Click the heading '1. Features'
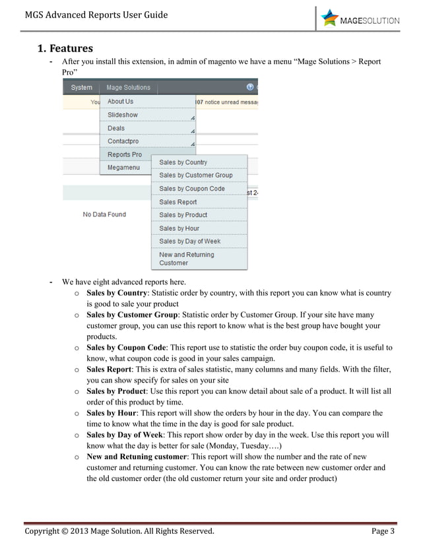65,48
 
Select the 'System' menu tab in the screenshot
81,87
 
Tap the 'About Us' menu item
121,102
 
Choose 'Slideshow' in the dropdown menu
123,115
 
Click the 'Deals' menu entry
116,128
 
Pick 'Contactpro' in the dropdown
124,141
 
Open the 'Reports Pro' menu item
125,154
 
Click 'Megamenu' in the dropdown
123,168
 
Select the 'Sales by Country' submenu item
183,162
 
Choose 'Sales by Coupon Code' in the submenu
192,189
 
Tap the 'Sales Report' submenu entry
178,202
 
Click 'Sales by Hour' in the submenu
179,228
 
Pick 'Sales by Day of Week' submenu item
191,241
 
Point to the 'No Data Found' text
104,214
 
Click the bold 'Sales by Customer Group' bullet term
133,315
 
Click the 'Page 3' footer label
383,531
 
